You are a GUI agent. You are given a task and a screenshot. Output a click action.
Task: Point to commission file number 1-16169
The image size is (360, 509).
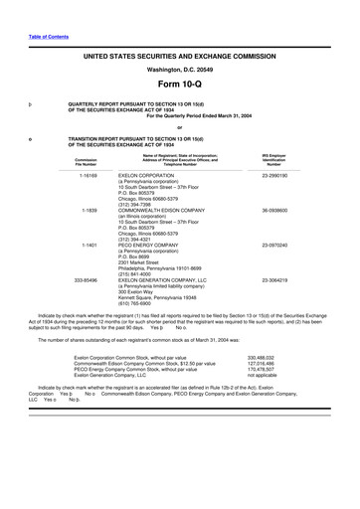tap(84, 173)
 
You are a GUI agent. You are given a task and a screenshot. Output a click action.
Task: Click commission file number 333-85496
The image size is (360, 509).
tap(84, 281)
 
